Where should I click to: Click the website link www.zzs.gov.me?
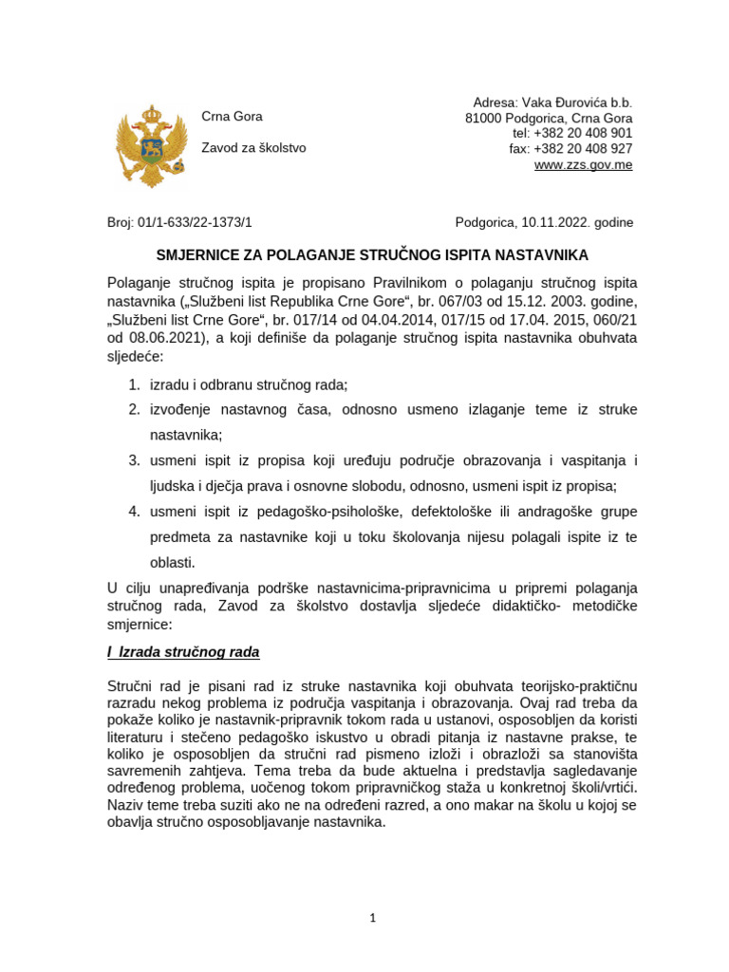583,164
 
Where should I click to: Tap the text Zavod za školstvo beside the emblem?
253,148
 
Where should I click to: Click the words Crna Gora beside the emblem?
232,117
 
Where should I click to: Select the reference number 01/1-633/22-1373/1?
196,223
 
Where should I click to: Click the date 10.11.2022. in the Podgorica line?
554,223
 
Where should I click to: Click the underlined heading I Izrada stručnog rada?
183,653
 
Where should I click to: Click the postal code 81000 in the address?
482,118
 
